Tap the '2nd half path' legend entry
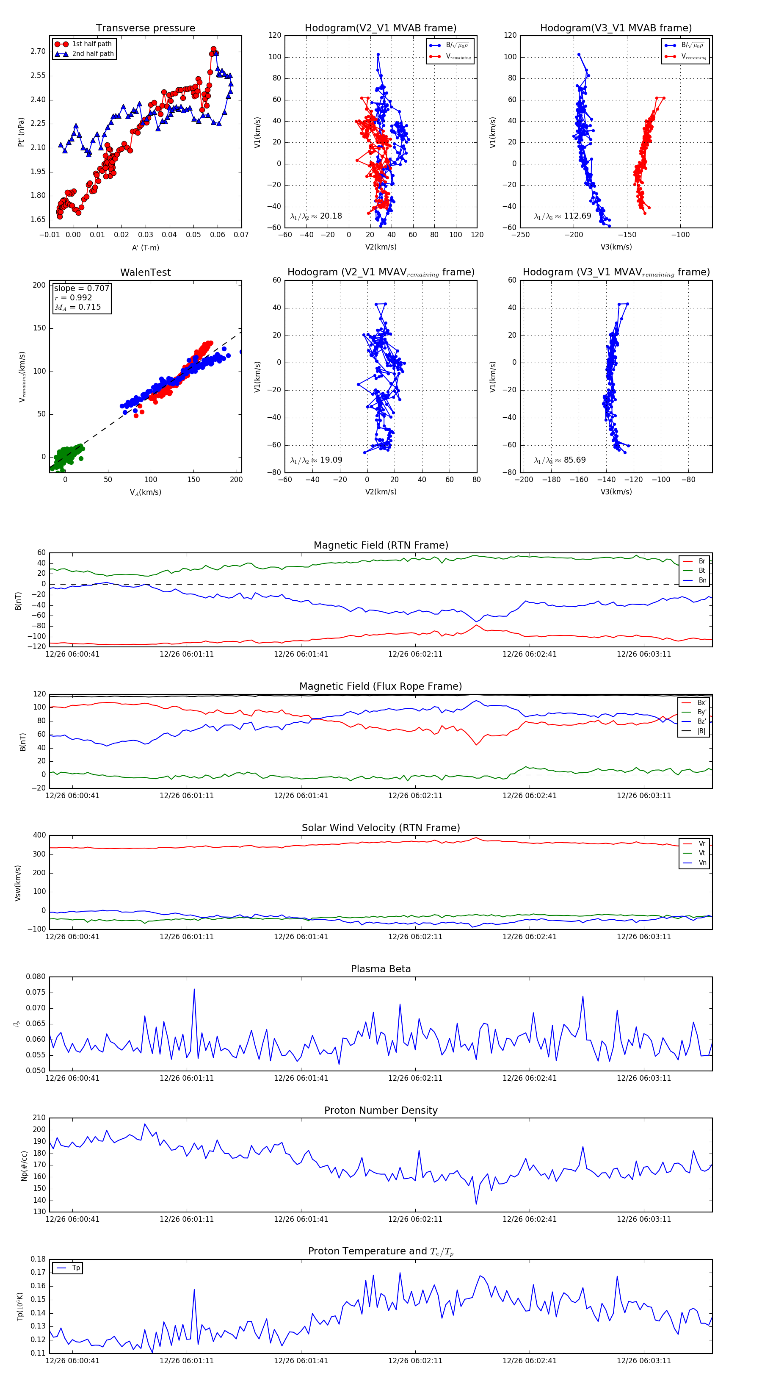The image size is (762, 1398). pyautogui.click(x=93, y=54)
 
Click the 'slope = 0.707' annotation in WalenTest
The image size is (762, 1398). pyautogui.click(x=81, y=288)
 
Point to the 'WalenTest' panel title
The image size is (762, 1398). pyautogui.click(x=145, y=272)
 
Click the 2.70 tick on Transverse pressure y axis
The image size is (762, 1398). pyautogui.click(x=38, y=52)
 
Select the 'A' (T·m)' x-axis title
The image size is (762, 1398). pyautogui.click(x=145, y=247)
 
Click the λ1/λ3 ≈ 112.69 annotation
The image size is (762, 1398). pyautogui.click(x=563, y=216)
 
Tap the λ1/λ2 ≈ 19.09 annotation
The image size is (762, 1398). pyautogui.click(x=316, y=460)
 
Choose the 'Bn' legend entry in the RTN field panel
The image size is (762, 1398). pyautogui.click(x=702, y=580)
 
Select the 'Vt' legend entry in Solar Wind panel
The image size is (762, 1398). pyautogui.click(x=702, y=853)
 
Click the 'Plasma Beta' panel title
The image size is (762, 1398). pyautogui.click(x=381, y=969)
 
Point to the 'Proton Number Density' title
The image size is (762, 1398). pyautogui.click(x=381, y=1110)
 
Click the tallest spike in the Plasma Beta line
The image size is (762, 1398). pyautogui.click(x=194, y=989)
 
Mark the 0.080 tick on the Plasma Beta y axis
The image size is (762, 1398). pyautogui.click(x=36, y=977)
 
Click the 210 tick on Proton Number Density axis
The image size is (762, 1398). pyautogui.click(x=39, y=1118)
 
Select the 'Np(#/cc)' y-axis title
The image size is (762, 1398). pyautogui.click(x=24, y=1165)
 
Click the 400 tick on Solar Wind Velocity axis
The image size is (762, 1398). pyautogui.click(x=39, y=835)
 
